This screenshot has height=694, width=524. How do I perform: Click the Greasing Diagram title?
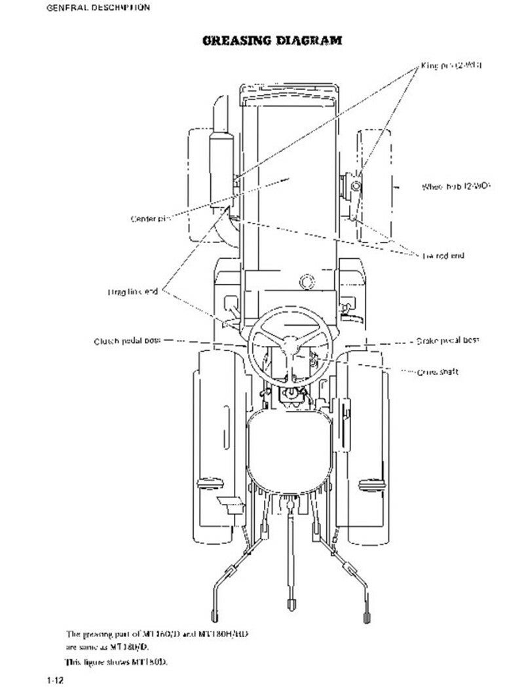(x=272, y=40)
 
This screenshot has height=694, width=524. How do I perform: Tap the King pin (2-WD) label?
(x=451, y=67)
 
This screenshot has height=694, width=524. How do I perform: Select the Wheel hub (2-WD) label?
(x=456, y=187)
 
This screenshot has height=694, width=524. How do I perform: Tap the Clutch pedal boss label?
(x=126, y=341)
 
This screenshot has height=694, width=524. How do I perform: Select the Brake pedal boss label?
(x=447, y=341)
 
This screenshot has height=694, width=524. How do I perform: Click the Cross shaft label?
(x=438, y=372)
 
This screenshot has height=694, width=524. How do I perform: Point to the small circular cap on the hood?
(x=306, y=282)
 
